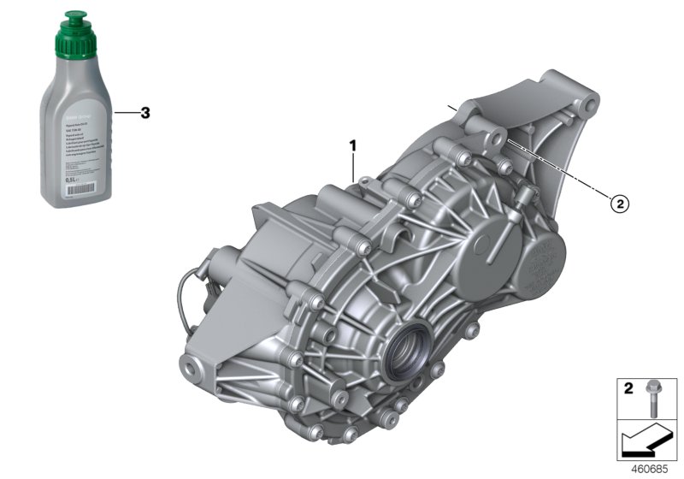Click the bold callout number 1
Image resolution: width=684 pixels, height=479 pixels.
tap(351, 147)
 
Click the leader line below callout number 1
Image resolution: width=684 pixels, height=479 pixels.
tap(352, 167)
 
